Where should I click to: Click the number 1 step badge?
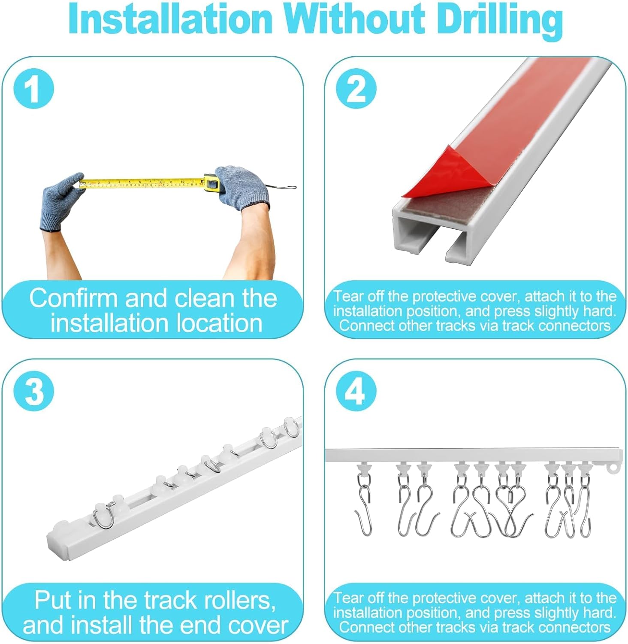pyautogui.click(x=34, y=88)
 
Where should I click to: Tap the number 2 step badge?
pyautogui.click(x=356, y=88)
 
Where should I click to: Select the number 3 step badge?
pyautogui.click(x=34, y=391)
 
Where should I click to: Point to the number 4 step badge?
pyautogui.click(x=356, y=391)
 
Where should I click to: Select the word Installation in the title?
pyautogui.click(x=170, y=19)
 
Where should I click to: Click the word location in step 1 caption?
pyautogui.click(x=219, y=323)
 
